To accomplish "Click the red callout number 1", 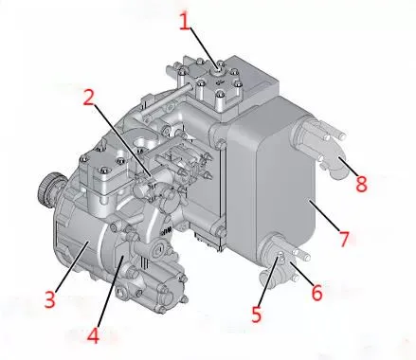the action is click(x=185, y=22).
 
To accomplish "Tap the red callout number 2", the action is click(x=89, y=98).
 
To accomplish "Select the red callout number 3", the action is click(x=49, y=299).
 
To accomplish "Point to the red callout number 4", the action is click(x=93, y=335).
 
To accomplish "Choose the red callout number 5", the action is click(x=257, y=315).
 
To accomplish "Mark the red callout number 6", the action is click(x=317, y=292).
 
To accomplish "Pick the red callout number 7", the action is click(x=344, y=239).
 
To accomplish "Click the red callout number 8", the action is click(x=361, y=184).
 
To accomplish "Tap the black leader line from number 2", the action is click(x=123, y=140).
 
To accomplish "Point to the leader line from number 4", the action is click(x=111, y=292).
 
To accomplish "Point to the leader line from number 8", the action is click(x=348, y=167).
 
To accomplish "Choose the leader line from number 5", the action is click(x=269, y=281).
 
